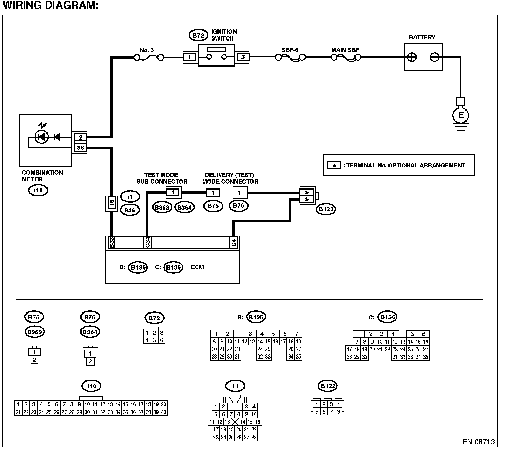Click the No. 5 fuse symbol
(149, 58)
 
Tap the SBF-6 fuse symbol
(290, 58)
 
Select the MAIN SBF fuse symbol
(346, 58)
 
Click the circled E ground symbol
(461, 115)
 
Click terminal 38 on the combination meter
(80, 148)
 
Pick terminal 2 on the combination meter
(80, 137)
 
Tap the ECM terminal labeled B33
(111, 243)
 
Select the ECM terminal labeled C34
(147, 243)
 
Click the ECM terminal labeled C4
(234, 243)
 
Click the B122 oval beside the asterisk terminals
(326, 209)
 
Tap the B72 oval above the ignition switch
(198, 35)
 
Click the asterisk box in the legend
(334, 166)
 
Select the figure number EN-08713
(478, 442)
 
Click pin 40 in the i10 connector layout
(164, 412)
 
